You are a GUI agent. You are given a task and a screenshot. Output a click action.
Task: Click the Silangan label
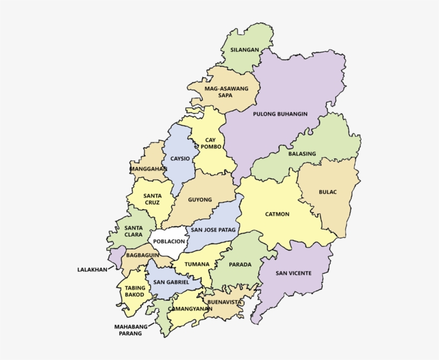pyautogui.click(x=244, y=50)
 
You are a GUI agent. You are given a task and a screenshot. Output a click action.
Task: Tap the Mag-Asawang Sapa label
pyautogui.click(x=225, y=91)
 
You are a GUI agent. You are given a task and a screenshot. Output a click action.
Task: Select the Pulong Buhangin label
pyautogui.click(x=280, y=114)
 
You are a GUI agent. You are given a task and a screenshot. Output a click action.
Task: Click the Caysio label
pyautogui.click(x=179, y=159)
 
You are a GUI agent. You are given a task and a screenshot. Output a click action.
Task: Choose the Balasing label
pyautogui.click(x=302, y=154)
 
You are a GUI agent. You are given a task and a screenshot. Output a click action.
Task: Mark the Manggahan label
pyautogui.click(x=148, y=168)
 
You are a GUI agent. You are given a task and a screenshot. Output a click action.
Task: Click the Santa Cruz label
pyautogui.click(x=152, y=199)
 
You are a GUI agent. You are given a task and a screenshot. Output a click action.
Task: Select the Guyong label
pyautogui.click(x=200, y=200)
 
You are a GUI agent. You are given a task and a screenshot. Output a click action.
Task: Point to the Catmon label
pyautogui.click(x=277, y=214)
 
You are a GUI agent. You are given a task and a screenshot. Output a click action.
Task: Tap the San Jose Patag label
pyautogui.click(x=213, y=229)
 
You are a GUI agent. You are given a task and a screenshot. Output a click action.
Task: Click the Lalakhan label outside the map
pyautogui.click(x=92, y=270)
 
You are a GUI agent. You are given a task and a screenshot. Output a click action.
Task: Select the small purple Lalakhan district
pyautogui.click(x=116, y=257)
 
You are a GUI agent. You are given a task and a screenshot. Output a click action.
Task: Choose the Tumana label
pyautogui.click(x=196, y=264)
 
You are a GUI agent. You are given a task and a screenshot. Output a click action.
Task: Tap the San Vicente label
pyautogui.click(x=293, y=273)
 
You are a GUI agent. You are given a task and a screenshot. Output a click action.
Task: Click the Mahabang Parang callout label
pyautogui.click(x=128, y=330)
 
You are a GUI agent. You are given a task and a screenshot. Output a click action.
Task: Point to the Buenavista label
pyautogui.click(x=225, y=302)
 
